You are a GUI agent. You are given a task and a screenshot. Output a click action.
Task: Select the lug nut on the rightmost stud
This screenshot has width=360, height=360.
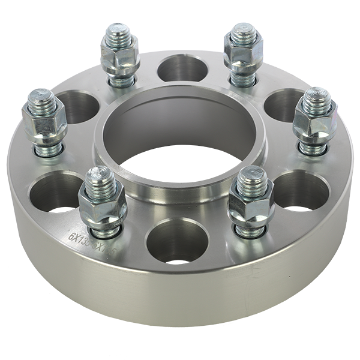tap(314, 121)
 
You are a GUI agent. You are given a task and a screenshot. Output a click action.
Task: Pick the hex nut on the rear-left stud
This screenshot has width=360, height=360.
tap(119, 56)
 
